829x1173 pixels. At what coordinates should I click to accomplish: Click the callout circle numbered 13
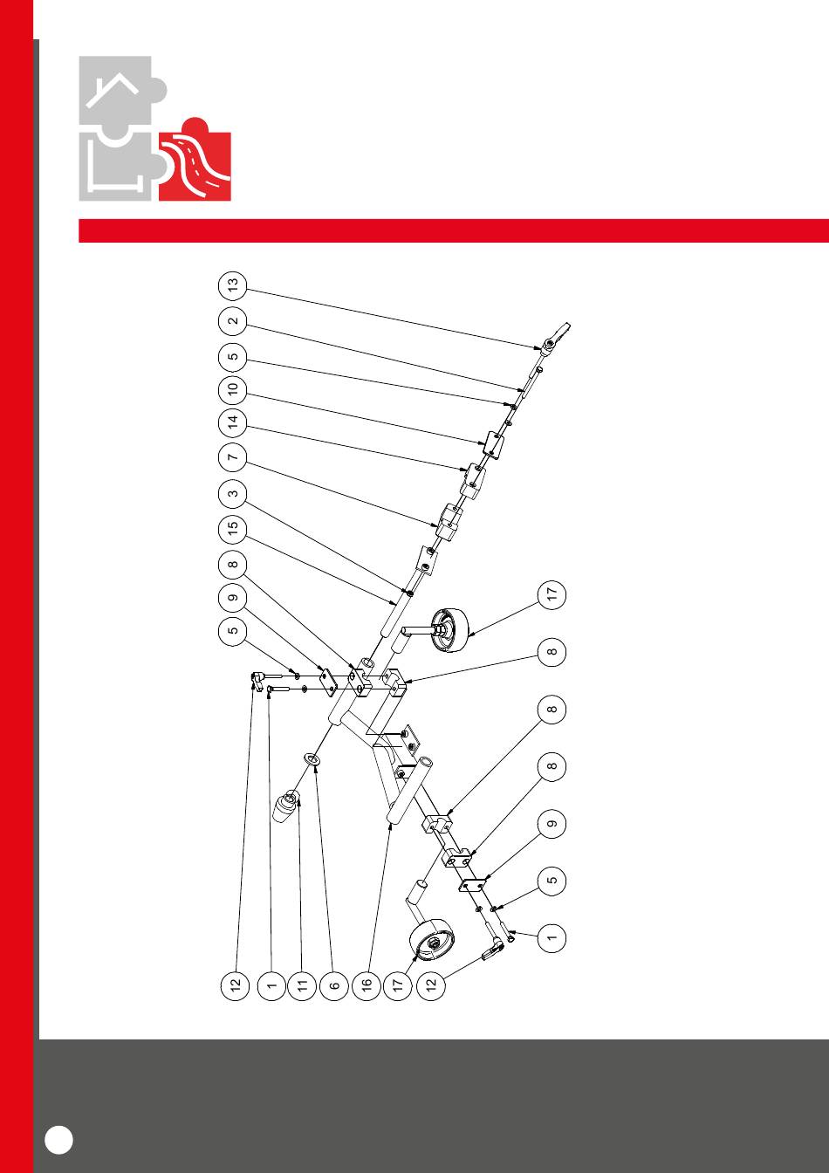232,286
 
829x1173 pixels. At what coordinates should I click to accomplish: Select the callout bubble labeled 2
232,320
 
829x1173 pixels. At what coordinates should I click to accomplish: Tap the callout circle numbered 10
232,389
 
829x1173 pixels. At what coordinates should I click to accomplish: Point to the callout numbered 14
232,423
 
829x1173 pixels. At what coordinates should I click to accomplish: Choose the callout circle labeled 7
232,457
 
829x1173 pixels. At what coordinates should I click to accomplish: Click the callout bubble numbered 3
232,493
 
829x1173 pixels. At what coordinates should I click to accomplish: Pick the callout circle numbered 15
232,528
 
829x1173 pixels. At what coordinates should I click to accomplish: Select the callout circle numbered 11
302,986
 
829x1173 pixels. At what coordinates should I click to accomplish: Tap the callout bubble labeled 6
334,986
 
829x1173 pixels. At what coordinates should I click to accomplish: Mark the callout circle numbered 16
367,985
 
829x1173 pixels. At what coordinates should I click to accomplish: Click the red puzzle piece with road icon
195,159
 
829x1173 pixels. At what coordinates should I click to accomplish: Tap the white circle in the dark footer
58,1140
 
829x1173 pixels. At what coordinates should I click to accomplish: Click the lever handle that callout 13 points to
556,337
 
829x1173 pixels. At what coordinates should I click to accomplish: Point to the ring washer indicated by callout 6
312,759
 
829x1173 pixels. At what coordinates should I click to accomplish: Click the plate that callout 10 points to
493,444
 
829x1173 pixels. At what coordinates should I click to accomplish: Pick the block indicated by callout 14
472,482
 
